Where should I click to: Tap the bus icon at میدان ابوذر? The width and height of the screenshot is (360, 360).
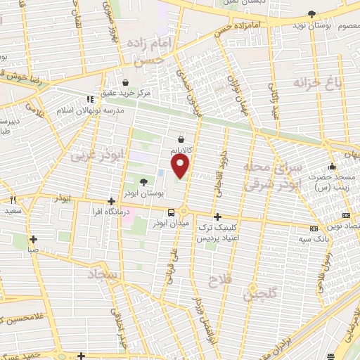click(171, 212)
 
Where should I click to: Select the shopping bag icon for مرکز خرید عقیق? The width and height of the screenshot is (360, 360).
click(125, 82)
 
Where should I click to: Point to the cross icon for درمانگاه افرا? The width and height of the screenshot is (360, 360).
click(111, 200)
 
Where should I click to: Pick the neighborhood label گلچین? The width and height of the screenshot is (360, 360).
click(259, 293)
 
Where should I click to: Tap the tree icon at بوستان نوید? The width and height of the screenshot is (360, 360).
click(311, 13)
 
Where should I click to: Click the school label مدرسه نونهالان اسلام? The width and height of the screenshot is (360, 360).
click(94, 110)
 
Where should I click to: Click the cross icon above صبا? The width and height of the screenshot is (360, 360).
click(32, 239)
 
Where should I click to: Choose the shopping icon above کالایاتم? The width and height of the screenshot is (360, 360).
click(181, 139)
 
